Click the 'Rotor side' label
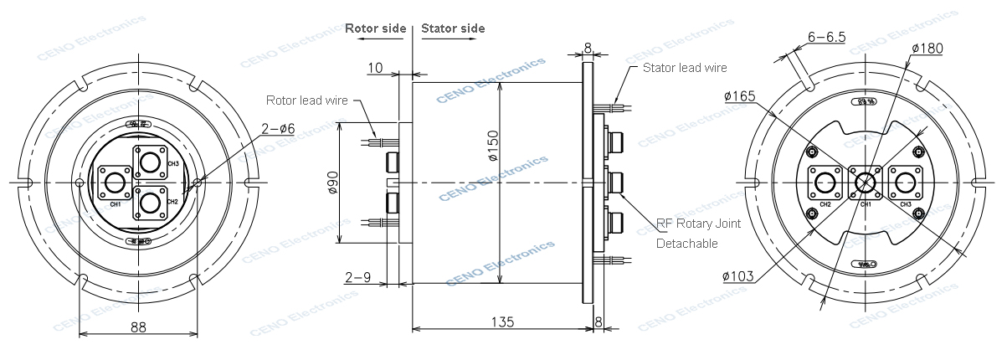click(375, 28)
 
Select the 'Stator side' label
click(453, 28)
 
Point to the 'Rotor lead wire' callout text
click(306, 100)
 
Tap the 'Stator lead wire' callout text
click(685, 68)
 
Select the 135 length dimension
click(501, 321)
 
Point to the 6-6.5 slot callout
click(826, 37)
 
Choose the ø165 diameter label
click(740, 96)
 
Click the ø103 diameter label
click(736, 275)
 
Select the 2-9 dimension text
click(358, 275)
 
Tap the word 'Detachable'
click(686, 244)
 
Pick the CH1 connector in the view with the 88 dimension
click(115, 183)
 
